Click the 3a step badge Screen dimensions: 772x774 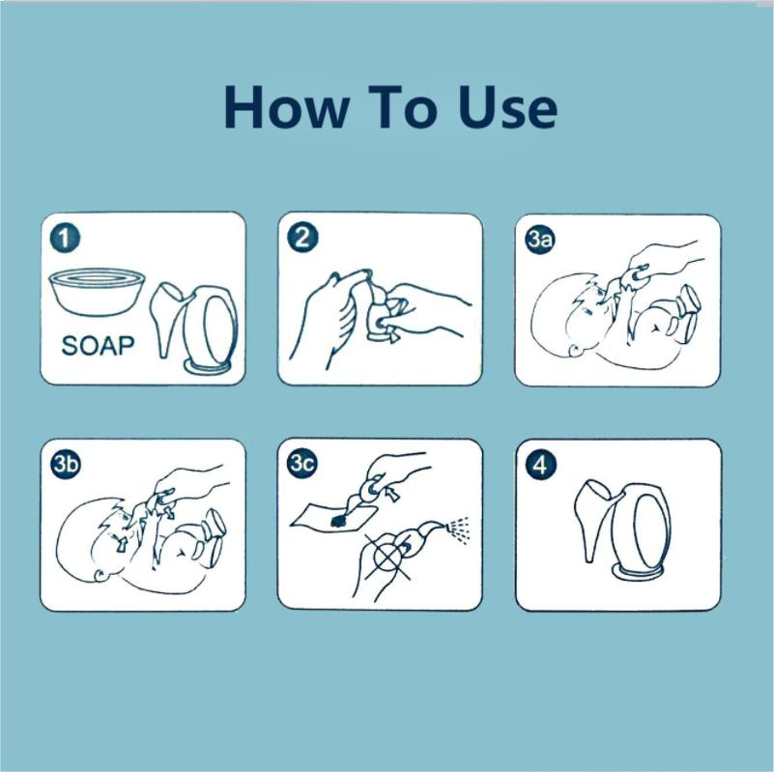pos(540,240)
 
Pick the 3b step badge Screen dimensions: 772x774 pos(66,465)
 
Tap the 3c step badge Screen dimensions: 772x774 pos(303,465)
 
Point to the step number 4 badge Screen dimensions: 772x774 pos(540,465)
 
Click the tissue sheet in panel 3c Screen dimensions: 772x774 pos(330,518)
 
